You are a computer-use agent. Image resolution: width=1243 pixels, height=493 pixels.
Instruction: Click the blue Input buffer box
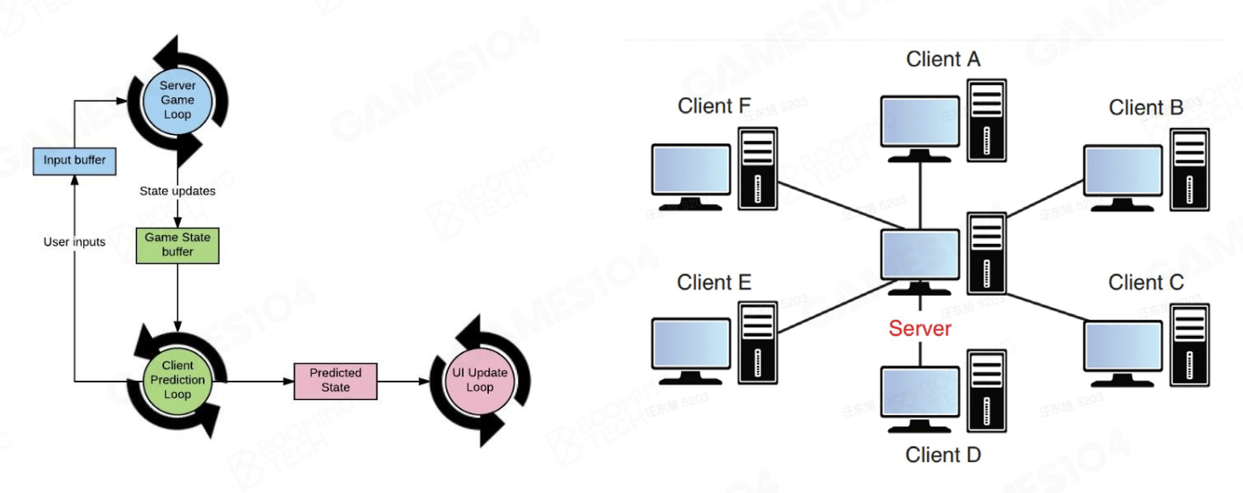75,161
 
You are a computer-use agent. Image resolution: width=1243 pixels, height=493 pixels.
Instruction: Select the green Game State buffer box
177,245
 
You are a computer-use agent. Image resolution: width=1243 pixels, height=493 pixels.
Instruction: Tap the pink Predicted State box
335,381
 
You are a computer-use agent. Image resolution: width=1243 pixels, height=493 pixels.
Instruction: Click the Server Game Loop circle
177,100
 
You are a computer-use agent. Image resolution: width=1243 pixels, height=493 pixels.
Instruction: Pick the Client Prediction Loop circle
177,380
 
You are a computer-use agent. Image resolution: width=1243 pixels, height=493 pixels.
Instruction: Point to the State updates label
177,190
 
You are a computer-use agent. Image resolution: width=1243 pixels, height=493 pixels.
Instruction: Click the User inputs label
75,241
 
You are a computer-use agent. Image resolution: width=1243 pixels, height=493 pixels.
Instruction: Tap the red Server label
920,329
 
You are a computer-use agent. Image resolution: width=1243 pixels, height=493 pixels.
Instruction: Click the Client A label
943,60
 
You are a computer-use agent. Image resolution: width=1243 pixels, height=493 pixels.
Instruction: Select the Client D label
943,454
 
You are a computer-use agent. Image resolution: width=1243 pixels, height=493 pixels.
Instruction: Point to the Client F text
714,106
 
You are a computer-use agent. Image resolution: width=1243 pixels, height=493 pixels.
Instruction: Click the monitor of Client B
1122,172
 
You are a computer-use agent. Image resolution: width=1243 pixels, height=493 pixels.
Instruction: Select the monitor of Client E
691,345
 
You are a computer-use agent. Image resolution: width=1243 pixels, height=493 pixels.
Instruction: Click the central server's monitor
920,258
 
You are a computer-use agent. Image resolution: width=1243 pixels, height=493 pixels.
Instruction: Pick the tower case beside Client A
986,119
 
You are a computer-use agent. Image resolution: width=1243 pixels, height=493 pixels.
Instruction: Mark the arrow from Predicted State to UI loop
403,381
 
